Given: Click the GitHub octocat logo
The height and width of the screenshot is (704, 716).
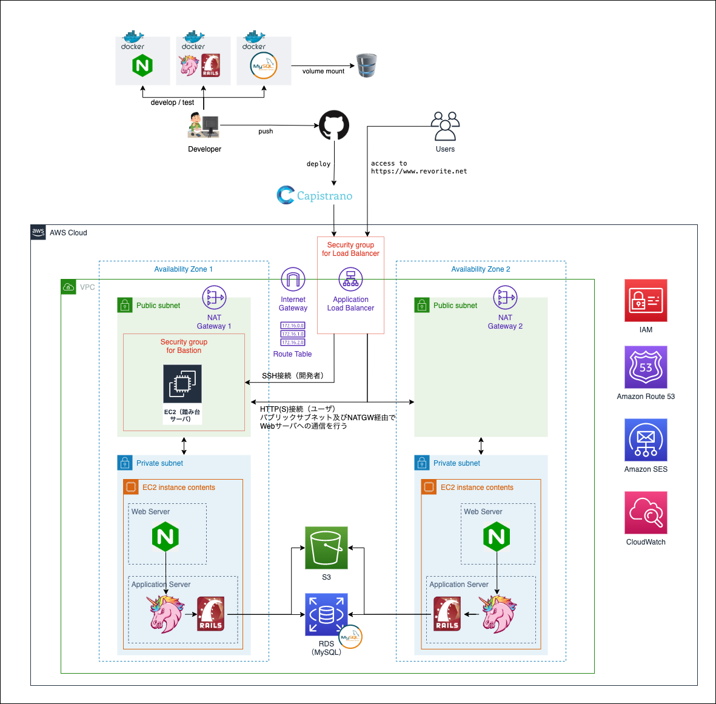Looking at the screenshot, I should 334,126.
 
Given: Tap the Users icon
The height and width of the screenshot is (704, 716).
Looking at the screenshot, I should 445,126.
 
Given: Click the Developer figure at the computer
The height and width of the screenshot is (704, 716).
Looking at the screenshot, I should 203,126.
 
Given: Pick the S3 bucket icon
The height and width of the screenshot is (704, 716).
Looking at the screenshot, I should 326,548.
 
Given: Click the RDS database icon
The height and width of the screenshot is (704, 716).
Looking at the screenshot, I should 326,614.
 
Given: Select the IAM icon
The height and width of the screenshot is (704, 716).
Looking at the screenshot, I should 646,300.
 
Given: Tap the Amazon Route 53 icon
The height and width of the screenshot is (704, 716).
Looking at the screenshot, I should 646,367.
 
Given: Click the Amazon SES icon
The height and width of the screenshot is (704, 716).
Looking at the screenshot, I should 646,440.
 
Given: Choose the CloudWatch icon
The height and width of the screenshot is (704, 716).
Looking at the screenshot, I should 646,512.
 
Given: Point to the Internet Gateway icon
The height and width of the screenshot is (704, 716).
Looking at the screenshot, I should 293,280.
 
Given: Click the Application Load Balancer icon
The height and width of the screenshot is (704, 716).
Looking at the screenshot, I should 350,280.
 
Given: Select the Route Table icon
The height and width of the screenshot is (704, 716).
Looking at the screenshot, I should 293,334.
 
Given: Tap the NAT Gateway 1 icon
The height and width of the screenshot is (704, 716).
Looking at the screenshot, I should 214,298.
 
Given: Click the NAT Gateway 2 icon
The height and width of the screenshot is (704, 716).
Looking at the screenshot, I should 505,298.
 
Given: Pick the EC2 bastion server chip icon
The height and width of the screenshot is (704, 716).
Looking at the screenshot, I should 182,383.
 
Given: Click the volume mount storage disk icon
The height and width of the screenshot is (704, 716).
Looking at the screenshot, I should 366,65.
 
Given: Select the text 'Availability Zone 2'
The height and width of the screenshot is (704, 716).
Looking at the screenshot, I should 481,269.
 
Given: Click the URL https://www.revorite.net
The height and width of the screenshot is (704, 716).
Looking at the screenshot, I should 419,172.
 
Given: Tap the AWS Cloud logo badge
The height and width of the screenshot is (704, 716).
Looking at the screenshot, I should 38,232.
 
